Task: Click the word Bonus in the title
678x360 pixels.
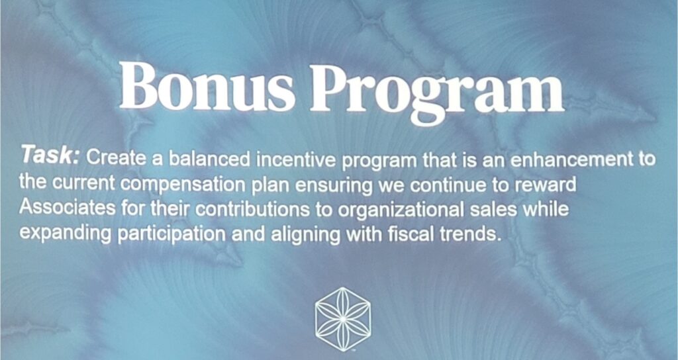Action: [x=207, y=86]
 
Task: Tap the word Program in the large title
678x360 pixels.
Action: [x=437, y=92]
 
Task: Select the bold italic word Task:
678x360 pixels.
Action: [x=50, y=155]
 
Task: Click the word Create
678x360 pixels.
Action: [x=117, y=158]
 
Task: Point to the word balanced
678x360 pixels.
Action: [x=210, y=159]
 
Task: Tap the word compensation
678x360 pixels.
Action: [x=183, y=185]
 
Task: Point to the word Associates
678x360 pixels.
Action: [x=68, y=208]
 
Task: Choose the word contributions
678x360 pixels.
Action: [x=252, y=209]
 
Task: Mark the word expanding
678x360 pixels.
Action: [x=66, y=234]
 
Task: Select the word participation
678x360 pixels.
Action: [x=171, y=234]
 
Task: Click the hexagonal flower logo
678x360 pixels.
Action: [x=343, y=318]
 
